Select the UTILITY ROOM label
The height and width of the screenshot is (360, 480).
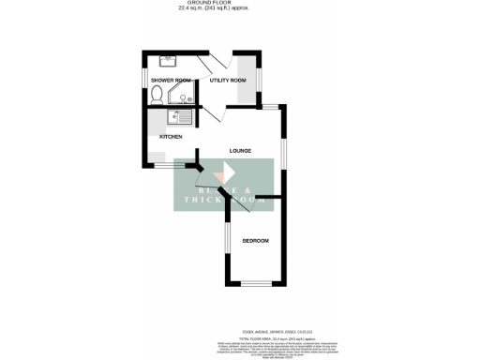point(228,81)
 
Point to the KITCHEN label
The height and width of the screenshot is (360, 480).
point(171,137)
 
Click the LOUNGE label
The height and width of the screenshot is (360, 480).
point(241,150)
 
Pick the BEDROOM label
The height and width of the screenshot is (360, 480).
point(255,241)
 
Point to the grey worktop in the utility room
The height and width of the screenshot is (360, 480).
point(248,75)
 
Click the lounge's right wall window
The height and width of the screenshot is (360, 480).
point(283,150)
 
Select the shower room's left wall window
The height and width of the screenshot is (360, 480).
point(143,81)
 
